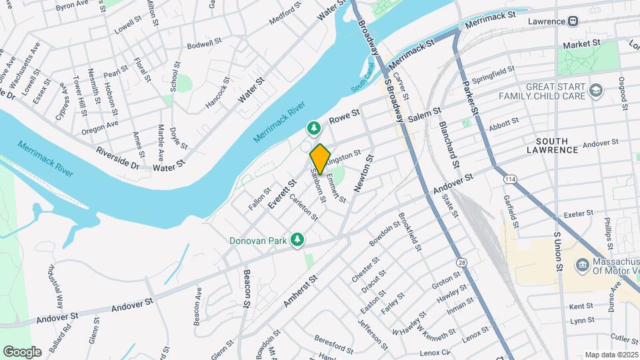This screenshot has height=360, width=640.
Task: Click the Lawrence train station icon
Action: coord(573,21)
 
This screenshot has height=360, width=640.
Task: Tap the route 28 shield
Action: coord(462,263)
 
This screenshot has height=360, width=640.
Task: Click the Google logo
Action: coord(22,351)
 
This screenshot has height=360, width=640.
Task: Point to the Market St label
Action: coord(581,44)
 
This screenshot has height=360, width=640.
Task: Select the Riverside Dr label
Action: coord(118,157)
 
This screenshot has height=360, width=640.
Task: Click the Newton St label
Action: coord(364,173)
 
